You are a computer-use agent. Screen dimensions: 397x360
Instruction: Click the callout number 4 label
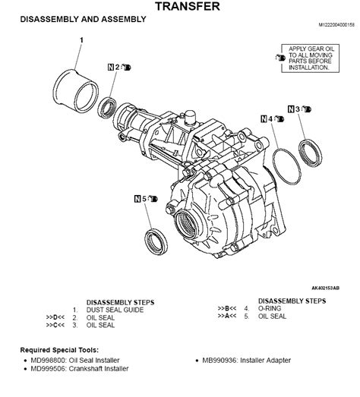pos(272,119)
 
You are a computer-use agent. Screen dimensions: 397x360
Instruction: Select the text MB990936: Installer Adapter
pos(258,361)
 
